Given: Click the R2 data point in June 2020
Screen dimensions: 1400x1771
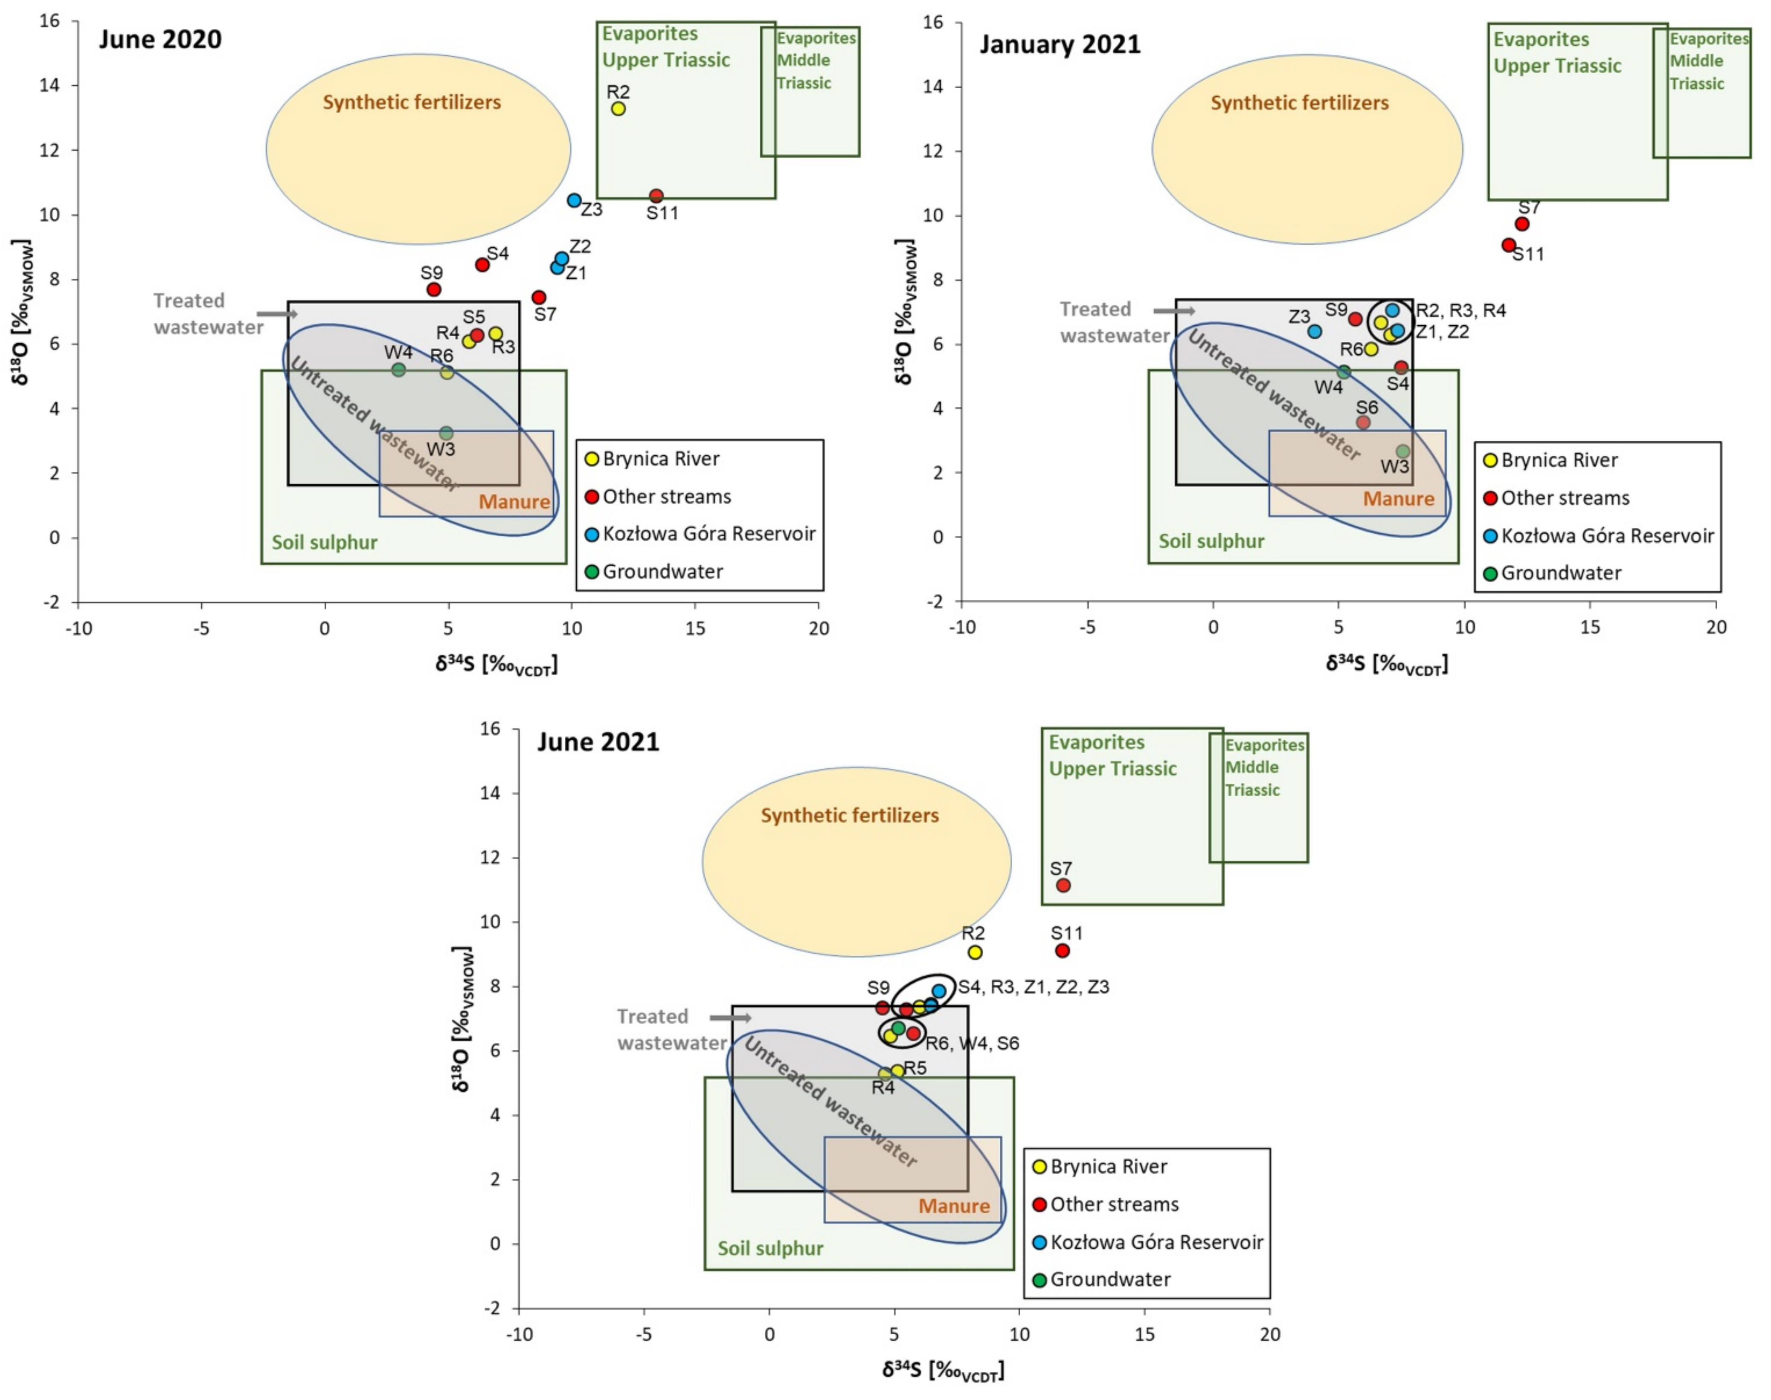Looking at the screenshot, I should [618, 108].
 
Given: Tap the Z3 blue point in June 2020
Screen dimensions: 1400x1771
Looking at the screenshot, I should [574, 200].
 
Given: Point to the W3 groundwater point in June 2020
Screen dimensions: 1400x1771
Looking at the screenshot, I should [446, 433].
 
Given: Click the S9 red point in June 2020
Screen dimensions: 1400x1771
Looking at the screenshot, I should [434, 289].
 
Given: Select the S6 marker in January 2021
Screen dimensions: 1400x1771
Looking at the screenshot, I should [1363, 422].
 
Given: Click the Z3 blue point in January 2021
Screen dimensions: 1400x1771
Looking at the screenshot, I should [1314, 331].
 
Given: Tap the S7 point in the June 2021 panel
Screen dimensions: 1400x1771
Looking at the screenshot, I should [1063, 885].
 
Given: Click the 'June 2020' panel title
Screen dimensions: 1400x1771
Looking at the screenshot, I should [160, 39].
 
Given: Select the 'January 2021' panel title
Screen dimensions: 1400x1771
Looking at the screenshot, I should [1060, 44].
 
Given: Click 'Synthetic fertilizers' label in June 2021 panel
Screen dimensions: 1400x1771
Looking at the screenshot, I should [849, 816].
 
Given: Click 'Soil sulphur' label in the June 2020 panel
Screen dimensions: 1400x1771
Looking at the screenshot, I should [325, 543].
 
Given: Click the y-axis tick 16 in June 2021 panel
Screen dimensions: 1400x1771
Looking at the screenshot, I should [490, 729].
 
